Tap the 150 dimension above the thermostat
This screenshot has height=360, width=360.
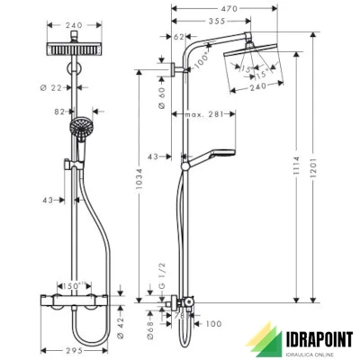pos(77,282)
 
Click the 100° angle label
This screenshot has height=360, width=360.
pos(202,58)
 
